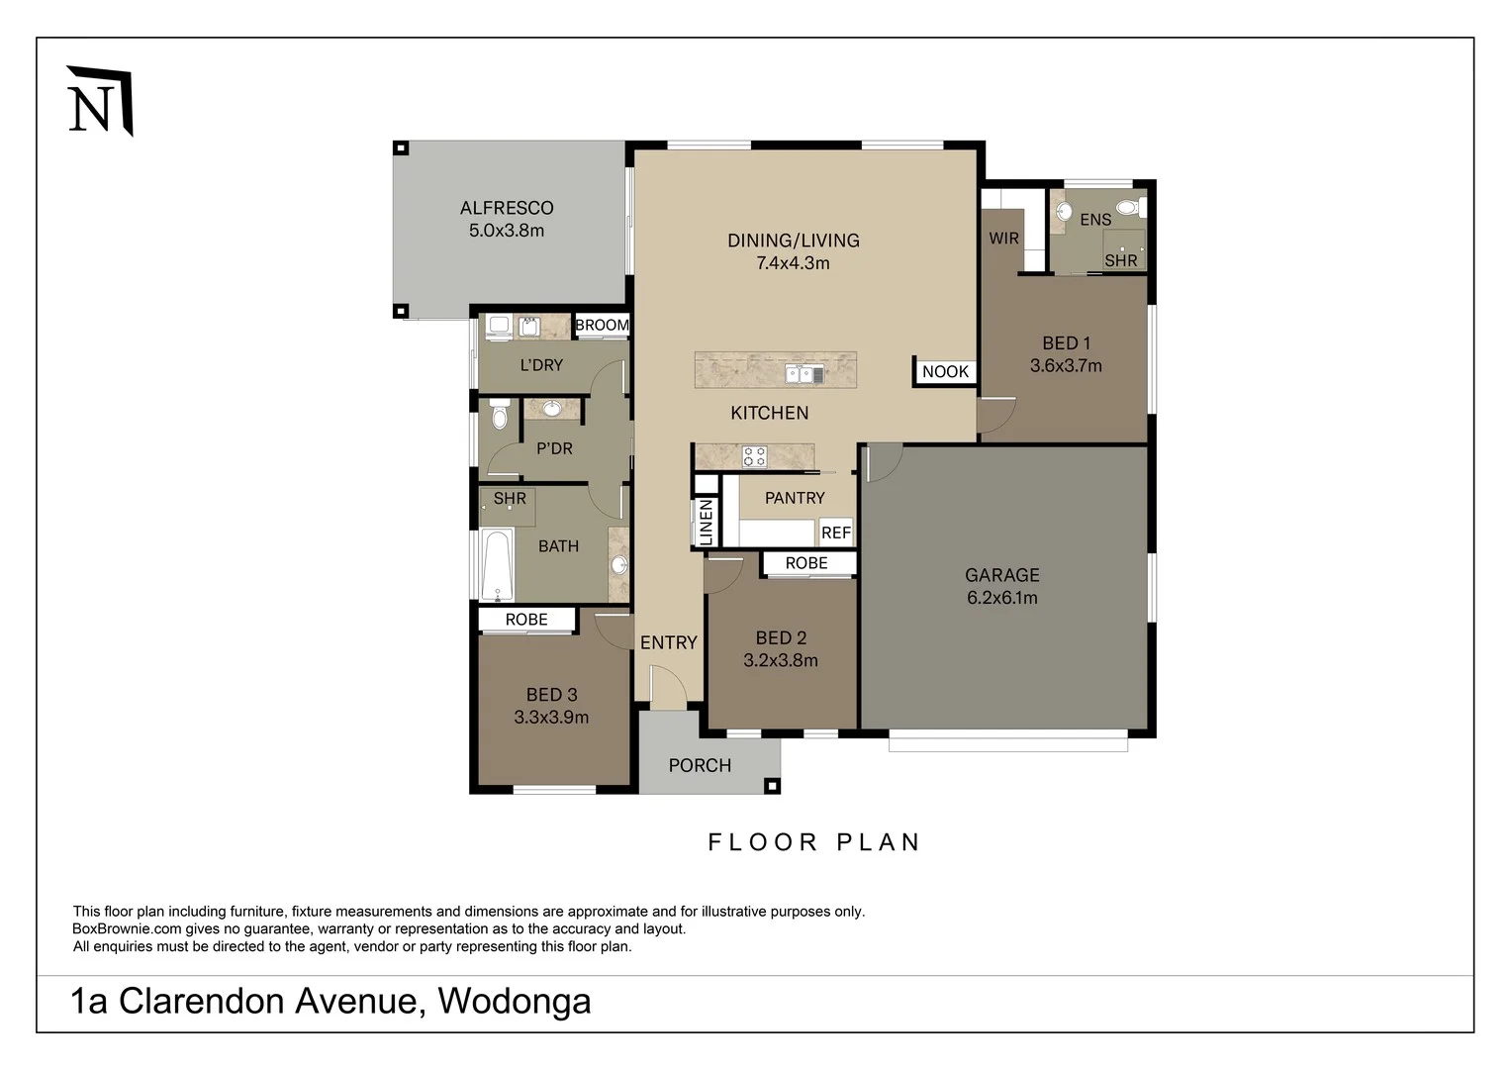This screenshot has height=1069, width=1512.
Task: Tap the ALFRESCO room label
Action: click(x=506, y=208)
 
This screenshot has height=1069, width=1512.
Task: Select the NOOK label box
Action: click(x=945, y=371)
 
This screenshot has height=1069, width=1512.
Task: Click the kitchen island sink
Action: click(x=803, y=374)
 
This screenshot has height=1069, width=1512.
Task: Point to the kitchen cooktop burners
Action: click(x=754, y=456)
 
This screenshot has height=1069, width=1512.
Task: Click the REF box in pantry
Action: click(x=835, y=533)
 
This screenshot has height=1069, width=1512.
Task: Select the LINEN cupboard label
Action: click(x=706, y=522)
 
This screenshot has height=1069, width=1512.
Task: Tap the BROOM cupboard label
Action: click(x=602, y=325)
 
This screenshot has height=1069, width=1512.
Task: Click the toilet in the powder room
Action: click(x=499, y=415)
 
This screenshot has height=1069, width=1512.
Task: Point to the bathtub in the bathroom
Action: click(x=497, y=566)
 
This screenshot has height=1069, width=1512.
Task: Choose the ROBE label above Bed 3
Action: click(x=526, y=620)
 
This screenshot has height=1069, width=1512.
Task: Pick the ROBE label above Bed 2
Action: click(x=806, y=563)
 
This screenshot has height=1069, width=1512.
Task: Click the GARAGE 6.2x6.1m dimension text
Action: click(x=1001, y=598)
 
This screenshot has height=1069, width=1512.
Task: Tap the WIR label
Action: click(x=1003, y=239)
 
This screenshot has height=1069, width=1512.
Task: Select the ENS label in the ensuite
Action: click(x=1095, y=220)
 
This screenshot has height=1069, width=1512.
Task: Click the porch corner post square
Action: click(x=773, y=786)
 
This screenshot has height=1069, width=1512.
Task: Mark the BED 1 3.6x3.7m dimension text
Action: click(x=1066, y=366)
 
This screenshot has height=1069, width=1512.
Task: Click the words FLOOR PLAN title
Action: click(x=814, y=842)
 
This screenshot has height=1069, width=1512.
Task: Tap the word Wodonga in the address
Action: click(x=514, y=1001)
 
